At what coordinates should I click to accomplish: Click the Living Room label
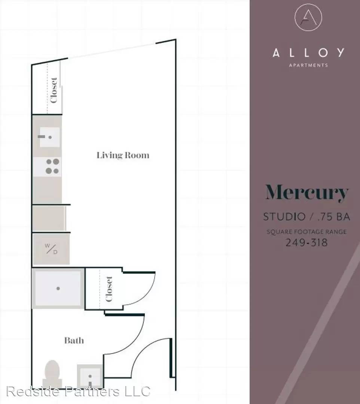coord(123,155)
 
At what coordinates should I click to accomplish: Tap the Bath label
coord(74,340)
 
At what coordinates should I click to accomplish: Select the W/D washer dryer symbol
coord(51,249)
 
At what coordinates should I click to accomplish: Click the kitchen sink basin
coord(49,137)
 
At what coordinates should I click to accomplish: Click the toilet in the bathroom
coord(52,373)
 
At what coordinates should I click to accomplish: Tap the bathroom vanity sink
coord(90,376)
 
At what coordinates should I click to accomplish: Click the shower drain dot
coord(58,288)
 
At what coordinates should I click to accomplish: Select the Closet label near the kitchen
coord(54,90)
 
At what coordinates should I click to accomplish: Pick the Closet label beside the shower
coord(109,289)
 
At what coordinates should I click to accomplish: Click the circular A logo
coord(308,17)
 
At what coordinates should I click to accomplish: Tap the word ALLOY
coord(308,53)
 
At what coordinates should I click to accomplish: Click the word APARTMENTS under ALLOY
coord(308,65)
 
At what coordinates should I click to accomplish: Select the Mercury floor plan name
coord(307,193)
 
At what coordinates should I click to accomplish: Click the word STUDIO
coord(284,217)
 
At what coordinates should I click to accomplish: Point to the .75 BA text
coord(334,217)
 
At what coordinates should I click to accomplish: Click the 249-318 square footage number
coord(306,242)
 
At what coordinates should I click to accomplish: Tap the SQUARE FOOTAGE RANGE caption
coord(306,232)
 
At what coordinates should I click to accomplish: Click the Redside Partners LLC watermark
coord(78,391)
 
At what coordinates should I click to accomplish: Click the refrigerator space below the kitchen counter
coord(48,218)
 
